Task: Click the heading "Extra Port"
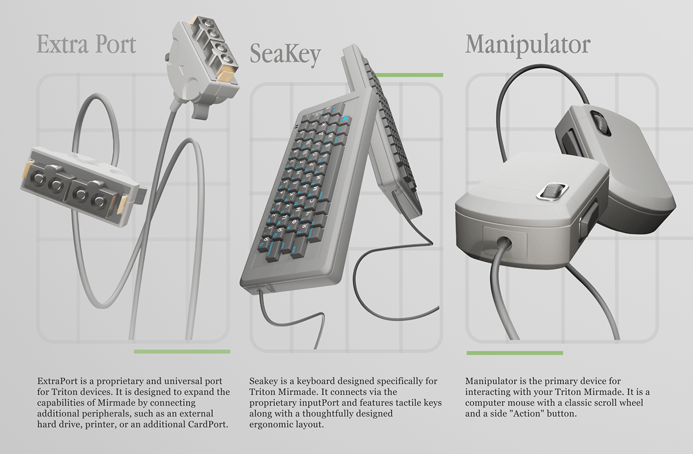(86, 44)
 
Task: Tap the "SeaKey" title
(285, 55)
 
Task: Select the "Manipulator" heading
(528, 46)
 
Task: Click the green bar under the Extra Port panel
(182, 351)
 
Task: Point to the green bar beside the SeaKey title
(409, 75)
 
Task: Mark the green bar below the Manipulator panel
(515, 353)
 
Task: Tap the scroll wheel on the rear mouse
(600, 123)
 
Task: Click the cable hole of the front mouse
(503, 243)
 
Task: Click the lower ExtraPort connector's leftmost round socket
(39, 178)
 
